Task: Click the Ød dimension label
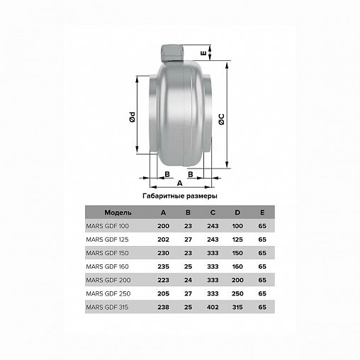click(x=133, y=117)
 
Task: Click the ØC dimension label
click(x=221, y=119)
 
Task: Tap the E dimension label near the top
click(x=203, y=53)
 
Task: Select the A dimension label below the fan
click(x=180, y=183)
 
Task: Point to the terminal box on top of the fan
click(x=172, y=53)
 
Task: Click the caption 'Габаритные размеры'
click(x=180, y=196)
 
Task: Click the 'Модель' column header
click(x=118, y=213)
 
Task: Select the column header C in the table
click(x=213, y=213)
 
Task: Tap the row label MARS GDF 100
click(x=108, y=226)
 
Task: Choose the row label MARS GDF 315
click(x=107, y=307)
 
